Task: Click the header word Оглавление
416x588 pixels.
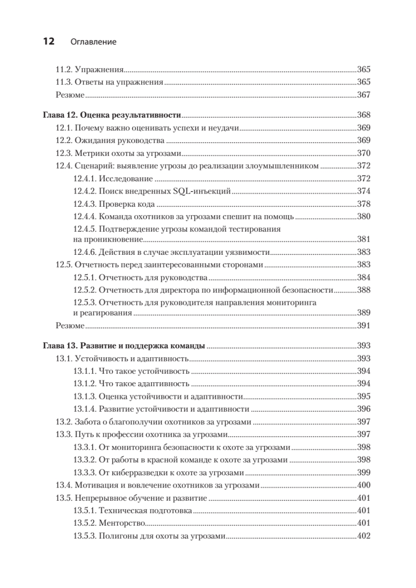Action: click(x=94, y=43)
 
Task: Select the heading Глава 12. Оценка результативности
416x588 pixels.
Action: click(x=112, y=116)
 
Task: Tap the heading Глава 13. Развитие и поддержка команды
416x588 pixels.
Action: click(x=123, y=345)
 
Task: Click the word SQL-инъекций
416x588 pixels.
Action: click(x=206, y=192)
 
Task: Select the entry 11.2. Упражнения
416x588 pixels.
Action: click(x=89, y=69)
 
